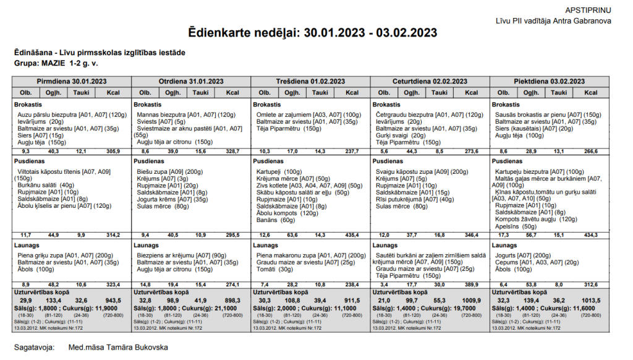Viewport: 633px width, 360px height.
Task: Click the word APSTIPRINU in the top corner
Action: coord(588,11)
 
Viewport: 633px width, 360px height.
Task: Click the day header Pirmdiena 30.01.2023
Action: coord(71,81)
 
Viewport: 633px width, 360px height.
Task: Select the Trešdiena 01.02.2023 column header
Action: coord(310,81)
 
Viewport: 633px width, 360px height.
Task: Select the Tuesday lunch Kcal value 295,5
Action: coord(232,235)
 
